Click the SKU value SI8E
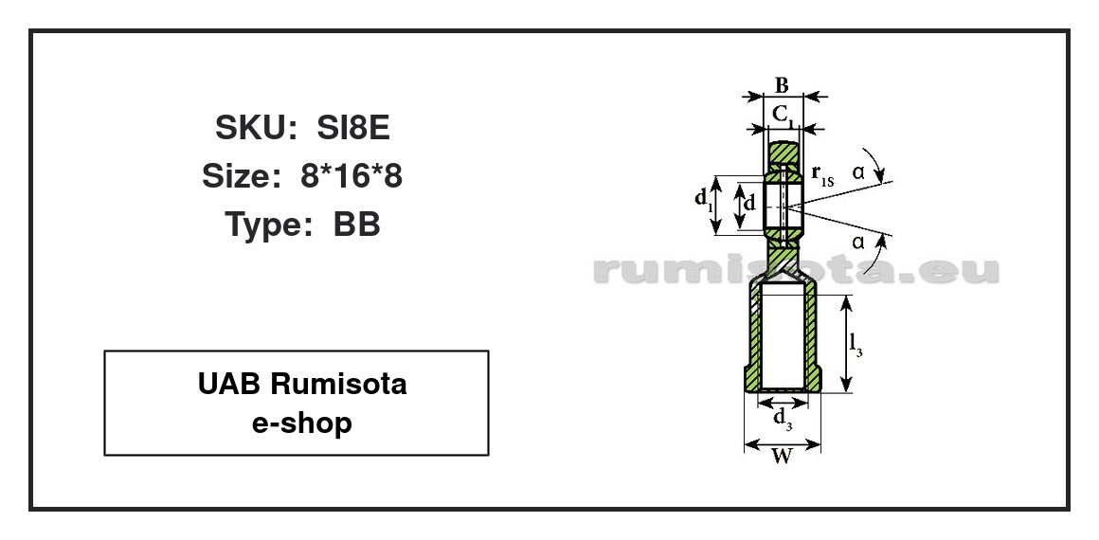353,128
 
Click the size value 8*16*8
351,176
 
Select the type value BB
357,225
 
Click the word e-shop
302,423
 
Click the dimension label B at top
783,85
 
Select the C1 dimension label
784,114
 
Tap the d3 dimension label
783,418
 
